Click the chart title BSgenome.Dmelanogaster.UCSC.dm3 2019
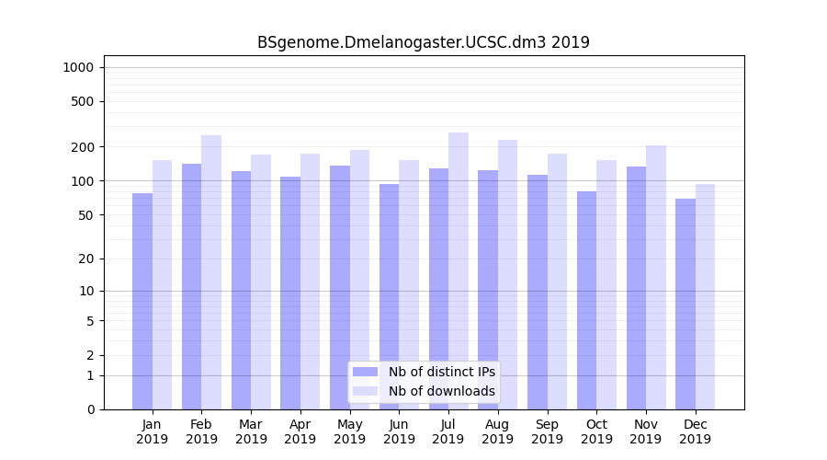[423, 42]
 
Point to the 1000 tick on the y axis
[78, 67]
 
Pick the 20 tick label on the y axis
[87, 259]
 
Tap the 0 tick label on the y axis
[91, 409]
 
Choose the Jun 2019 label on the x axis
[399, 431]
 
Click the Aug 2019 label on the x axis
[498, 431]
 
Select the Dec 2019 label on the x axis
[696, 431]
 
